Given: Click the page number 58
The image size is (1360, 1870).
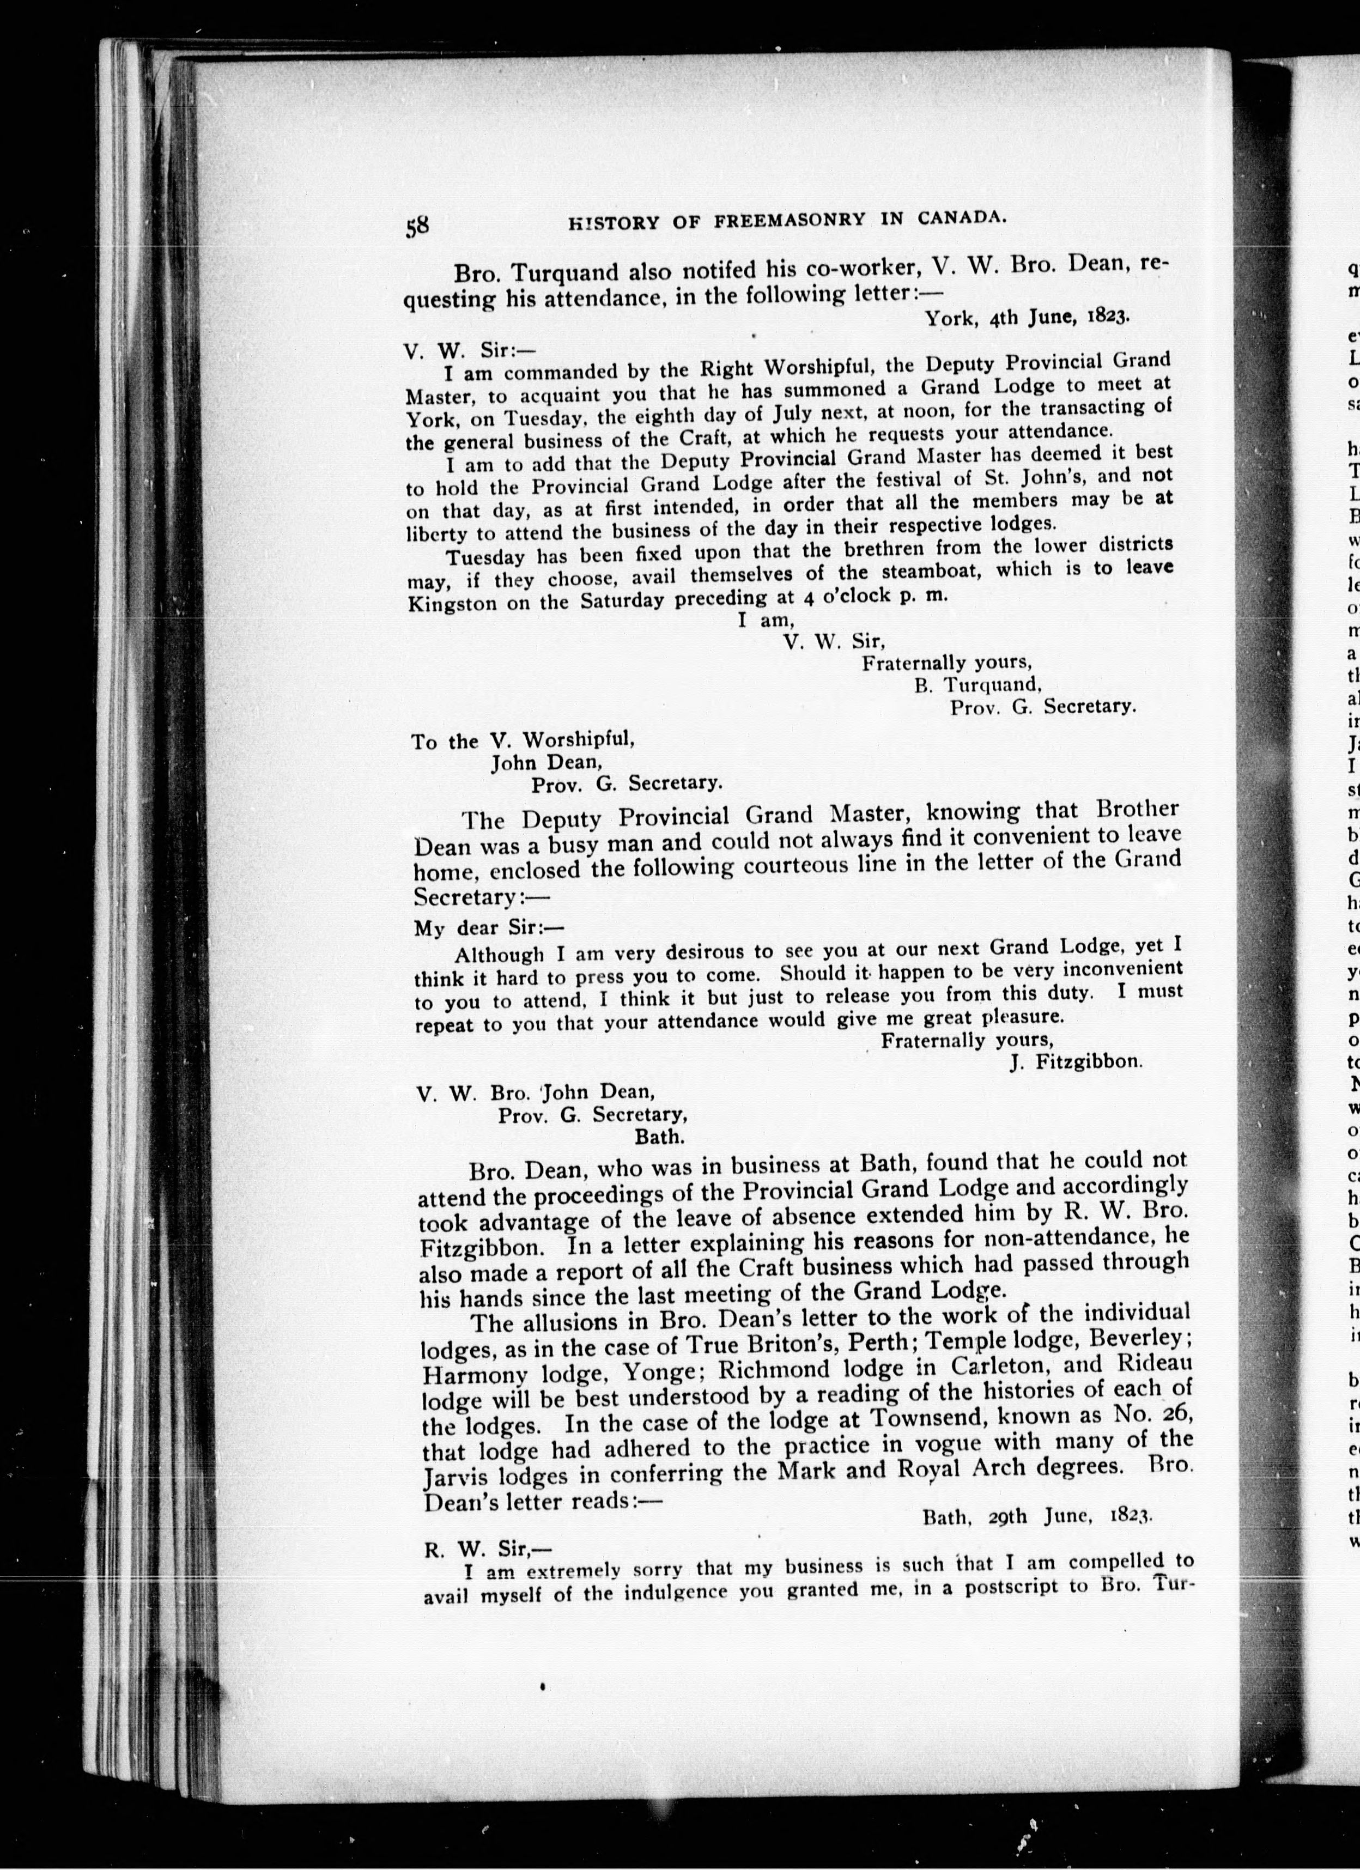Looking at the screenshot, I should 416,225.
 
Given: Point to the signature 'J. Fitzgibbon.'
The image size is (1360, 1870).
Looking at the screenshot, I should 1076,1061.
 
